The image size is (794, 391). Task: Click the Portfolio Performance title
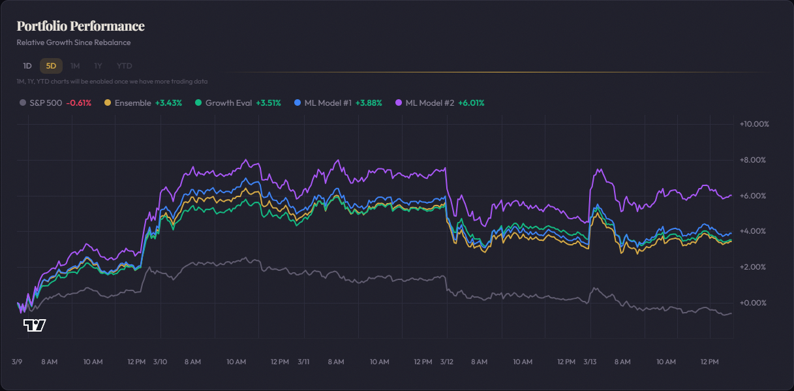(80, 26)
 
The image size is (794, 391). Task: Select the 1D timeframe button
(27, 66)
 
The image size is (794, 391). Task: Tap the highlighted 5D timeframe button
(51, 66)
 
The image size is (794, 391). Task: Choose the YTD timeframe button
(125, 66)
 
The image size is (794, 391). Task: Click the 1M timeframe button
(75, 66)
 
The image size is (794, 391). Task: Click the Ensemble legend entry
(132, 103)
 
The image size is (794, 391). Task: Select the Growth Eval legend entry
(228, 103)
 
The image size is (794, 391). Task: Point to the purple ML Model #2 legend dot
(399, 103)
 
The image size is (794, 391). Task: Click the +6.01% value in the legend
(471, 103)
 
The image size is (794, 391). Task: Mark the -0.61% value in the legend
(79, 103)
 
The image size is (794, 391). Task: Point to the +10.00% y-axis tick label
(754, 124)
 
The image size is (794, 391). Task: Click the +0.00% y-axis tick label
(754, 303)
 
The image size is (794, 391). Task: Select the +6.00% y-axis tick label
(754, 196)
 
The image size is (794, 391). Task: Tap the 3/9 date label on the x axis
(18, 362)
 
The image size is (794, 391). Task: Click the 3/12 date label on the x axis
(447, 362)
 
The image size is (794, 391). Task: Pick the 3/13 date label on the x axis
(590, 362)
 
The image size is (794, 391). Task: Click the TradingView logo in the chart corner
(34, 325)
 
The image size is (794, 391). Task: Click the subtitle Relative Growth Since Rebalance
(74, 42)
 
